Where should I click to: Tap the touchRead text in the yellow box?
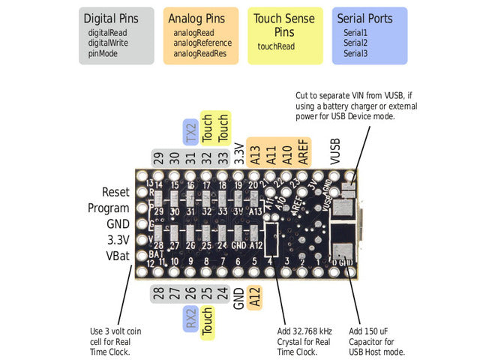pos(276,46)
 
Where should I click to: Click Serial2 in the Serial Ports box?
pos(355,43)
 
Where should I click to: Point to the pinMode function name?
pos(103,53)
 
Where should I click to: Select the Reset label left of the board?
pos(115,193)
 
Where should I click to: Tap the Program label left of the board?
pos(109,208)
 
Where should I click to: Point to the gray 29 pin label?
pos(157,157)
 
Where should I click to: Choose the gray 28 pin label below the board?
pos(157,293)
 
